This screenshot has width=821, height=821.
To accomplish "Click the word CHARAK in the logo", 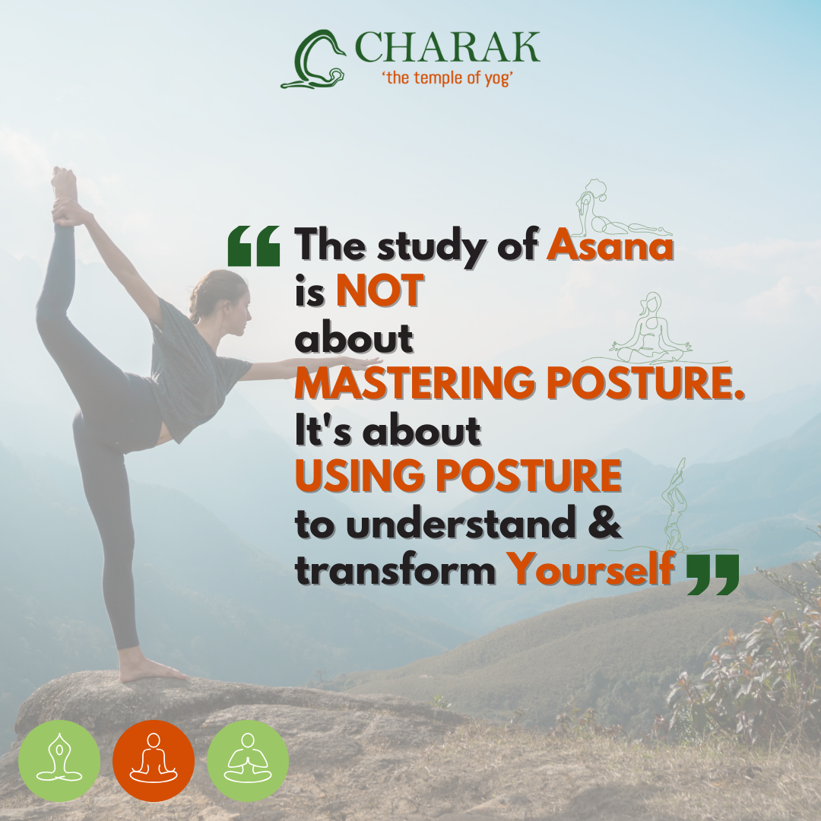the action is point(447,47).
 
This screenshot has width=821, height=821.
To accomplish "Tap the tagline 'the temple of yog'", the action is point(447,78).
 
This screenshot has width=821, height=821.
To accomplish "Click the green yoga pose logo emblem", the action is point(313,59).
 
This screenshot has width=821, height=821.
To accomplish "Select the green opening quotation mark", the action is point(254,246).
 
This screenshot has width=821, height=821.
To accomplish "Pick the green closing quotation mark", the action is point(712,575).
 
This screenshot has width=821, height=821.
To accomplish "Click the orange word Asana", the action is point(610,245).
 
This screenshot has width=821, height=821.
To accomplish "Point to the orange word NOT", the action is point(379,290).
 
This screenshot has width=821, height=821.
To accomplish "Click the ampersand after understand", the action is point(605,521).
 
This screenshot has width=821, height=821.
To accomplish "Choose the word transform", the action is point(395,569).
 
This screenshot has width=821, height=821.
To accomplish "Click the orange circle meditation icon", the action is point(154,761).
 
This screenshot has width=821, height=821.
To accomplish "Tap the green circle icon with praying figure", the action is point(248,761).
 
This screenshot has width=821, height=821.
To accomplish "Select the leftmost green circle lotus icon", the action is point(59,761).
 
